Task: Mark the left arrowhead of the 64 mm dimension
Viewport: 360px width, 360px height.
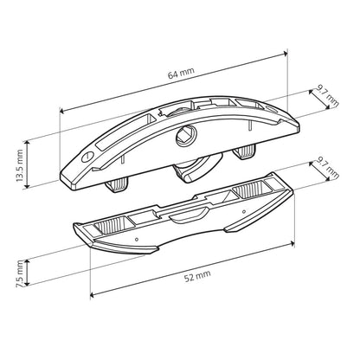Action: click(61, 110)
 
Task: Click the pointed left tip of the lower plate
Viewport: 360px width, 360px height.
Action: click(73, 227)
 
